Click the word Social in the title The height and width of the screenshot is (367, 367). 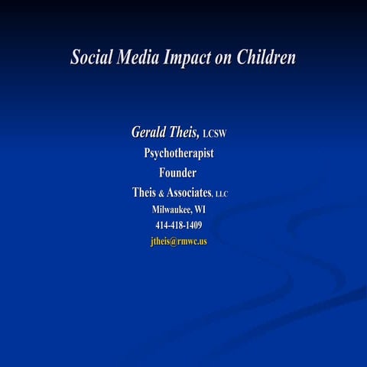pyautogui.click(x=91, y=58)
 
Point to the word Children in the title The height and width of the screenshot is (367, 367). pyautogui.click(x=265, y=58)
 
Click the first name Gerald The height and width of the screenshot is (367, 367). pyautogui.click(x=150, y=132)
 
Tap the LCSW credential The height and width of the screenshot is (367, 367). pyautogui.click(x=216, y=135)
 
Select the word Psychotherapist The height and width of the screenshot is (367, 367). pyautogui.click(x=179, y=153)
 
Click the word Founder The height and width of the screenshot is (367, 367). pyautogui.click(x=177, y=173)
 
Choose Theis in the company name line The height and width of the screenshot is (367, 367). pyautogui.click(x=144, y=192)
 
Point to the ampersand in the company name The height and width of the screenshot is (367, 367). pyautogui.click(x=161, y=193)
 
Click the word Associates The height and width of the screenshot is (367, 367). pyautogui.click(x=188, y=192)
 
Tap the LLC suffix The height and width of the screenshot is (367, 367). pyautogui.click(x=221, y=194)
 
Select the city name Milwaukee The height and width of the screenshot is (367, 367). pyautogui.click(x=171, y=209)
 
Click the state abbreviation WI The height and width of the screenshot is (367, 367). pyautogui.click(x=200, y=209)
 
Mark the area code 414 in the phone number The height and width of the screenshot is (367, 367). pyautogui.click(x=161, y=226)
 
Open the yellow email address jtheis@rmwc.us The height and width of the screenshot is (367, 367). pyautogui.click(x=179, y=242)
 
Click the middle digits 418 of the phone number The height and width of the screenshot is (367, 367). pyautogui.click(x=176, y=226)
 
